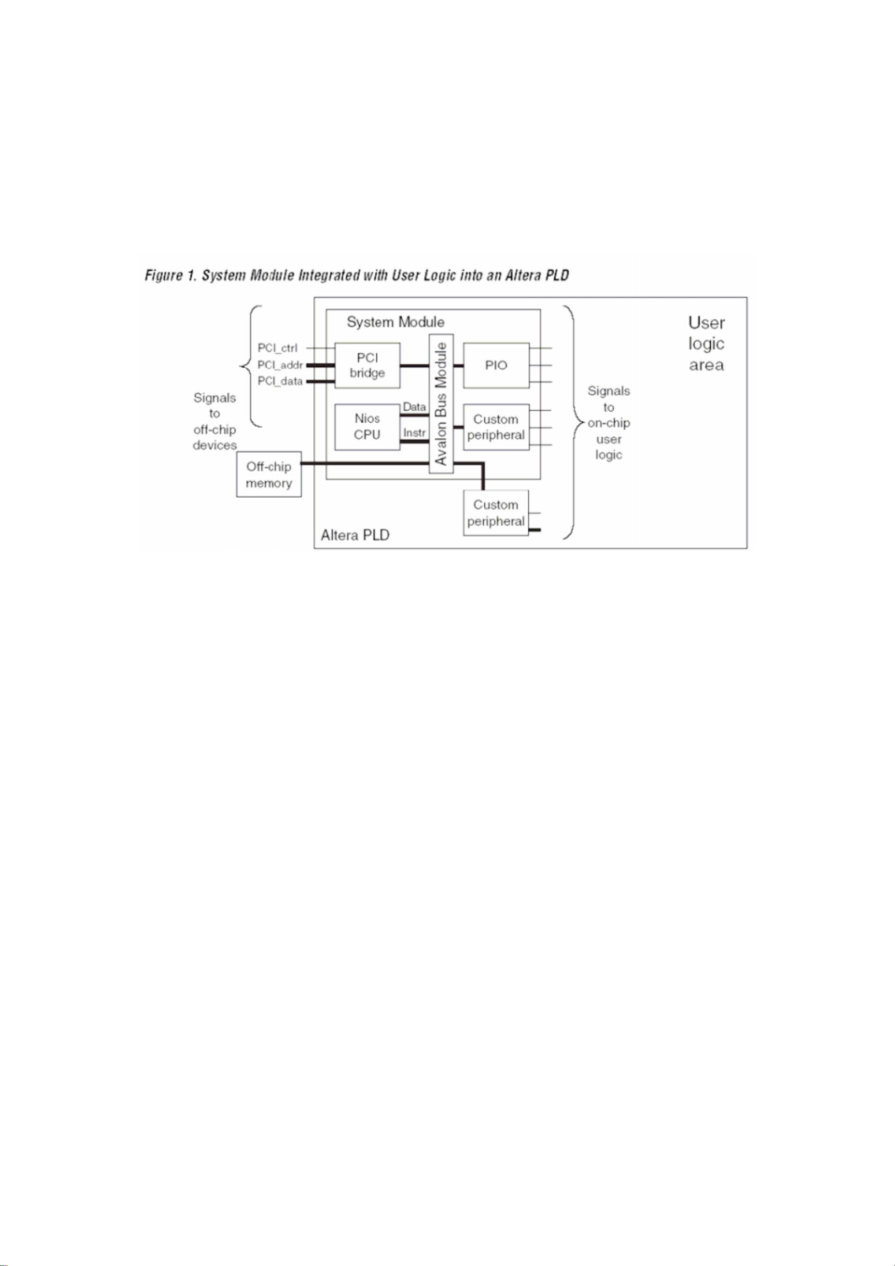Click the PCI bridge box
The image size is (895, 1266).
tap(367, 365)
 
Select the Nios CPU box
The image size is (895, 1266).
tap(367, 427)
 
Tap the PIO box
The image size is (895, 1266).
tap(496, 365)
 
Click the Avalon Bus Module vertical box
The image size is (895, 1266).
tap(441, 403)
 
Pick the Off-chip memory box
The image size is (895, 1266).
tap(269, 474)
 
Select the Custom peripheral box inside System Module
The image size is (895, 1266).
tap(496, 427)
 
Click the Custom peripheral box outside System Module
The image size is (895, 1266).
tap(496, 513)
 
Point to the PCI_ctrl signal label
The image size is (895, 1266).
tap(277, 348)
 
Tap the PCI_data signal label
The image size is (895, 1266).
tap(280, 382)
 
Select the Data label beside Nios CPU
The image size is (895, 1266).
tap(415, 407)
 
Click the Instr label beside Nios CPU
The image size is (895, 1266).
tap(414, 433)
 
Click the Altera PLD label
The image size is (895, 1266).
tap(355, 535)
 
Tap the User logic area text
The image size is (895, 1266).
tap(706, 344)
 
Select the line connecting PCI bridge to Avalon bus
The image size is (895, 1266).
tap(415, 365)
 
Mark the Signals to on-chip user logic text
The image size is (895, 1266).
tap(609, 423)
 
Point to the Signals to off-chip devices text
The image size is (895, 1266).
tap(215, 421)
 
